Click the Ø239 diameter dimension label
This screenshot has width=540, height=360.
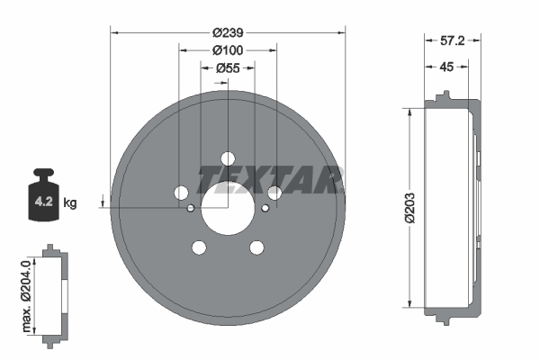(x=227, y=31)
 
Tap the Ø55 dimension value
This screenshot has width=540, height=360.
(x=227, y=67)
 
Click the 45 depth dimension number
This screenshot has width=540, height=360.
(x=446, y=67)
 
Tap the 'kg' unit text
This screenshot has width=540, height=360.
(x=70, y=202)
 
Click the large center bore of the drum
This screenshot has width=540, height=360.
(x=227, y=209)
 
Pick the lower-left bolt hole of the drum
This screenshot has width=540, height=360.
(x=198, y=247)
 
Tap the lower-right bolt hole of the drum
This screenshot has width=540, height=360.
(x=256, y=247)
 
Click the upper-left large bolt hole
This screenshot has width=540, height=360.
(x=180, y=193)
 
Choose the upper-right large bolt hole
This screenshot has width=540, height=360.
(x=274, y=193)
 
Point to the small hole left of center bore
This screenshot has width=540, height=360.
(x=191, y=209)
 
